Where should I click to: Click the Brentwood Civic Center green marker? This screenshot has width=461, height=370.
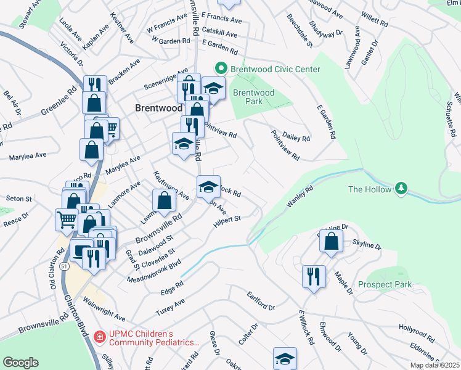218,69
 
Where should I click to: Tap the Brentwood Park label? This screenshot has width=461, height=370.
253,97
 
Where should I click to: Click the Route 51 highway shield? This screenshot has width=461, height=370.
64,266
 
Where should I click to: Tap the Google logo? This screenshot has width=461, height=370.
20,363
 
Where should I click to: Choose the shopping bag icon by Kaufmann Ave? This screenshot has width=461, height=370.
165,200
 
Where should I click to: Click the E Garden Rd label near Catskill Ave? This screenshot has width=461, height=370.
219,48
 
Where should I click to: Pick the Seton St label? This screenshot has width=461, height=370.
18,199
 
